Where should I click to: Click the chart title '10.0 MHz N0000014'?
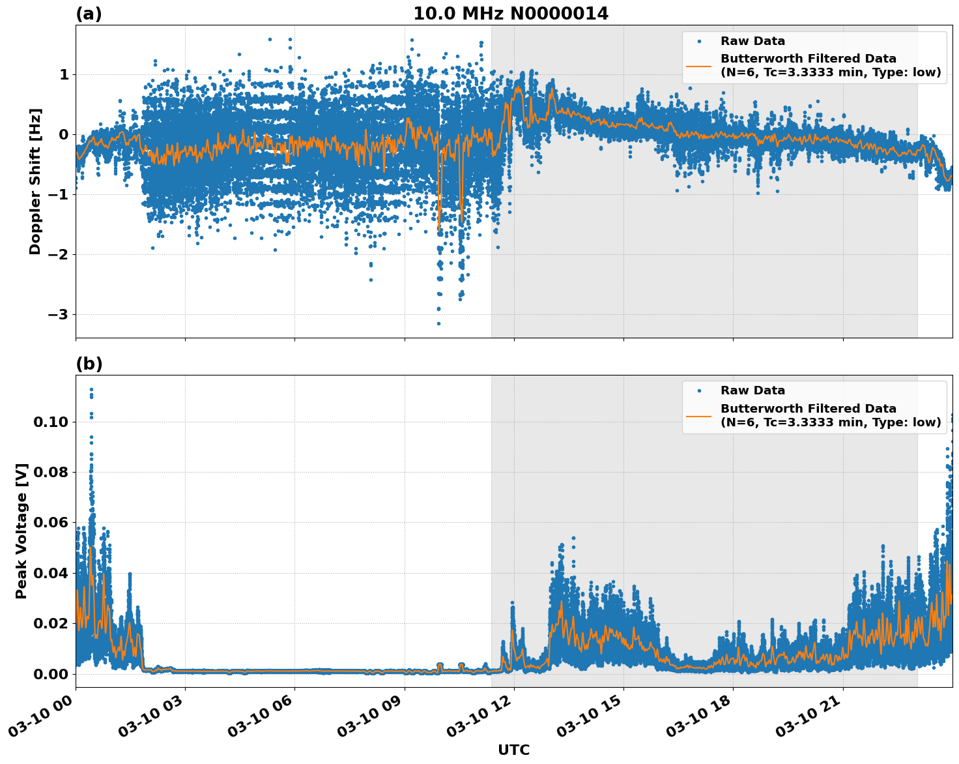tap(511, 14)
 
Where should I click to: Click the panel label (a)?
tap(89, 14)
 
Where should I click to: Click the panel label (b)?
tap(89, 364)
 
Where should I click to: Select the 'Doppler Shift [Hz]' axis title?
tap(35, 181)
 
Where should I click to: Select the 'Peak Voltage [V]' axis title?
tap(21, 531)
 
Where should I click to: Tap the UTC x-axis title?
tap(513, 750)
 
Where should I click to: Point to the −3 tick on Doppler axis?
tap(59, 315)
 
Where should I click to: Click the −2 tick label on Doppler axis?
tap(59, 255)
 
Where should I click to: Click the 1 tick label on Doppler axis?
tap(64, 75)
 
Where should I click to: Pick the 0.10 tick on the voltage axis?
tap(51, 422)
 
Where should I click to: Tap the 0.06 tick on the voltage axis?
tap(51, 523)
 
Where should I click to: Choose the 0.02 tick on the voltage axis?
tap(51, 623)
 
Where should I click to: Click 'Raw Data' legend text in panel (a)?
tap(752, 41)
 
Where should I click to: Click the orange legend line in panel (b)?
tap(699, 416)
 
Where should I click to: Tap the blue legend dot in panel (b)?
tap(699, 391)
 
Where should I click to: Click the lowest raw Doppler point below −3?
tap(438, 323)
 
